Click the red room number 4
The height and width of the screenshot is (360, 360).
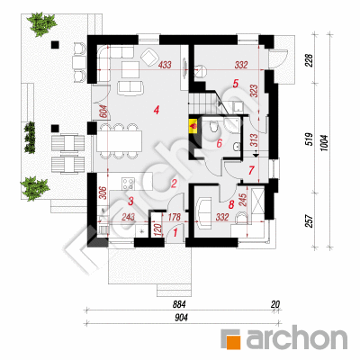[x=156, y=111]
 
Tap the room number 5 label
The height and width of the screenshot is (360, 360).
[x=236, y=84]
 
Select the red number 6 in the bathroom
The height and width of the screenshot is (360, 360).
[x=220, y=143]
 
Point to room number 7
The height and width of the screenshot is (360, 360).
[x=251, y=170]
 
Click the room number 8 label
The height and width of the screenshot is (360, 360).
[x=231, y=205]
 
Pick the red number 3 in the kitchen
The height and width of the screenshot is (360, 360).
[x=130, y=202]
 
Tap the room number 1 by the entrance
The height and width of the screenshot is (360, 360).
[x=175, y=231]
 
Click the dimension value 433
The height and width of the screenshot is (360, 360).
[x=165, y=65]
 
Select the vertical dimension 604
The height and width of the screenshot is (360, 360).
[x=103, y=112]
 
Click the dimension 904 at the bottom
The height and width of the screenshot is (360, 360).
[x=182, y=318]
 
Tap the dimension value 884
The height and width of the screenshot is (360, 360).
[x=179, y=304]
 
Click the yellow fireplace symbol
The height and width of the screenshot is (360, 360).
[x=193, y=125]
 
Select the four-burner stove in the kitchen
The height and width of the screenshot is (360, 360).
[x=128, y=184]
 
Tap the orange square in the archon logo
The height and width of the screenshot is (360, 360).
[x=235, y=340]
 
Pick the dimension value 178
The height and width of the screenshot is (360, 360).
[x=175, y=217]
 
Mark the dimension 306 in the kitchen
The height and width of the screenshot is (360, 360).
[x=103, y=193]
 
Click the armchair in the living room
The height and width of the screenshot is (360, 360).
[x=149, y=57]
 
